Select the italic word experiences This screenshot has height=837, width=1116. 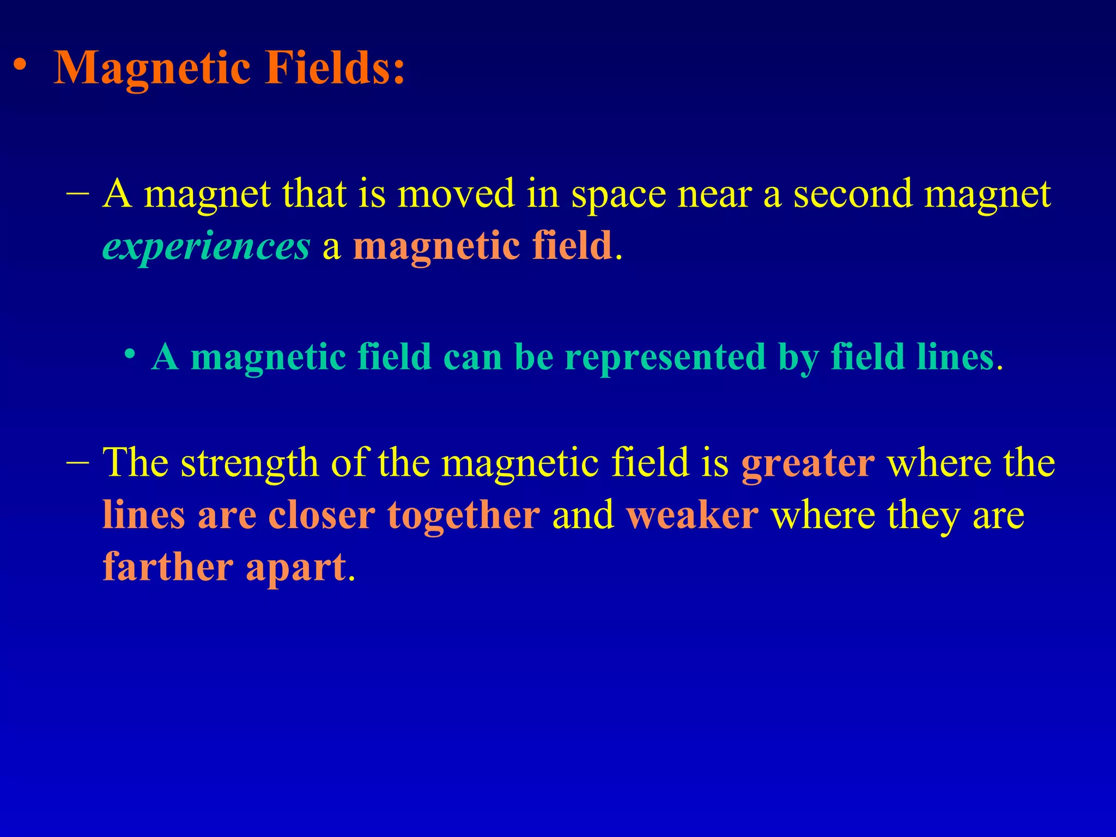206,247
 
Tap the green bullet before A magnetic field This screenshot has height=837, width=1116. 129,355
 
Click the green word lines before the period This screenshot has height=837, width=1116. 955,358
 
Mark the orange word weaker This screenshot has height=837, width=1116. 692,515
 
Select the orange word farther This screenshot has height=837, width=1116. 168,567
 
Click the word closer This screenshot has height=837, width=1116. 322,515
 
